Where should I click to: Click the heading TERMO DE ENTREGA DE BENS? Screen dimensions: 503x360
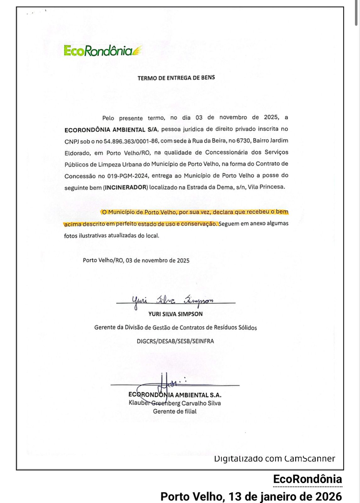pos(176,78)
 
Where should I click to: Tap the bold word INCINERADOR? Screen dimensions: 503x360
pos(126,188)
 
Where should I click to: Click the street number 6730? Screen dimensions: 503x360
pos(243,141)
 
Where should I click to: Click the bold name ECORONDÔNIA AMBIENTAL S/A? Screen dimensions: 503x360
pos(112,130)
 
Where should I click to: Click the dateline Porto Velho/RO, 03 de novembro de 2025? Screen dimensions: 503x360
pos(136,260)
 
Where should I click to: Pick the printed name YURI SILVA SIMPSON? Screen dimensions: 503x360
pos(175,314)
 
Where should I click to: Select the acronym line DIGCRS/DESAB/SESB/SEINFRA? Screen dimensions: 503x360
pos(175,341)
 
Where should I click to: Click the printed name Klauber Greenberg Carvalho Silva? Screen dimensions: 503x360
pos(175,403)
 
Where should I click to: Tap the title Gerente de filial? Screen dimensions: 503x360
pos(175,411)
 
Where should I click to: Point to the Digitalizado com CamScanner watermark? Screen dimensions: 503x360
pos(274,459)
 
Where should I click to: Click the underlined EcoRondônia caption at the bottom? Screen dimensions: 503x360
pos(307,479)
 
